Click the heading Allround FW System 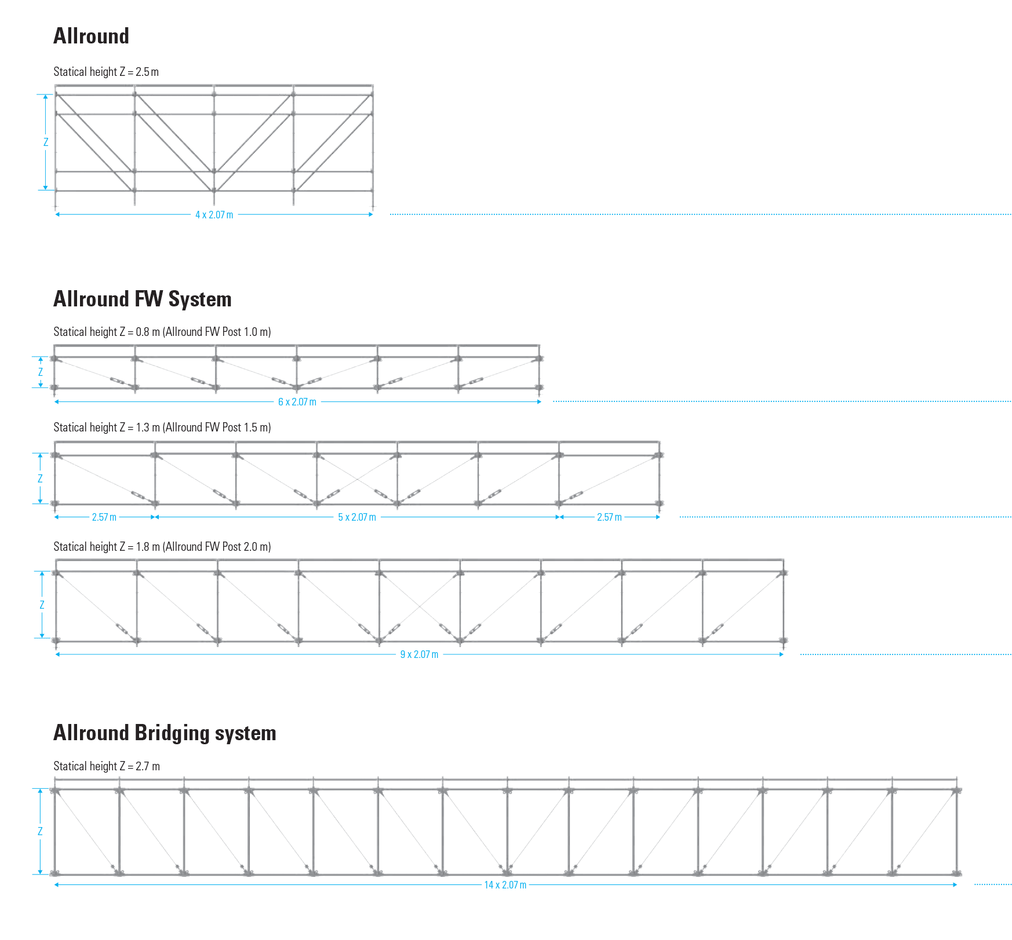(x=142, y=299)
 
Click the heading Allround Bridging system (x=165, y=733)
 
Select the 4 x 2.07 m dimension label (x=214, y=215)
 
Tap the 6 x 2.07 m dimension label (x=297, y=402)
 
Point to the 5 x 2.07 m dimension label (x=357, y=517)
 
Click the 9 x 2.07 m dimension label (x=419, y=654)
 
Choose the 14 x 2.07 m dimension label (x=505, y=885)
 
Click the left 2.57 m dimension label (x=104, y=517)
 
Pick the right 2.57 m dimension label (x=609, y=517)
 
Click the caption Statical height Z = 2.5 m (x=106, y=72)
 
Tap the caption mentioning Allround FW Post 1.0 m (x=162, y=332)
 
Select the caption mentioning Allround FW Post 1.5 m (x=162, y=427)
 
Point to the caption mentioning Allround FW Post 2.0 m (x=162, y=547)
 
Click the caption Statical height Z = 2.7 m (x=107, y=766)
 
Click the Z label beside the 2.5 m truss (x=46, y=142)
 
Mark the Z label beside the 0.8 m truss (x=41, y=372)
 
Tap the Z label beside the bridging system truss (x=40, y=831)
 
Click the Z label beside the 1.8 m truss (x=42, y=605)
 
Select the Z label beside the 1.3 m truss (x=40, y=478)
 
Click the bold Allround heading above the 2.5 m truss (x=91, y=36)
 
